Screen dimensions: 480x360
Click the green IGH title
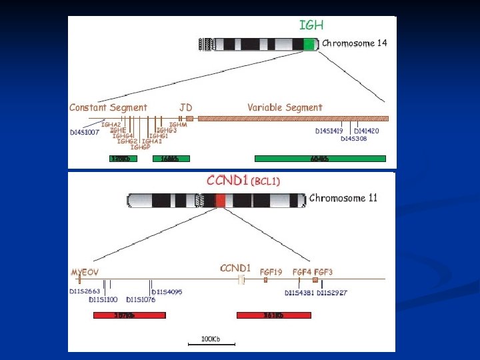click(311, 25)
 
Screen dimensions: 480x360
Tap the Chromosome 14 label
click(354, 43)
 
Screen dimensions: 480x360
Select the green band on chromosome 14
click(309, 44)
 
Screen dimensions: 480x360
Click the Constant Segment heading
click(108, 107)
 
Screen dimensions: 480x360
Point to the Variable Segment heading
click(285, 107)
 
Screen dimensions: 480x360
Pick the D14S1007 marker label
click(85, 132)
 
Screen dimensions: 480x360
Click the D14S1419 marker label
click(329, 131)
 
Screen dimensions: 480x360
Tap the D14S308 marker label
click(353, 139)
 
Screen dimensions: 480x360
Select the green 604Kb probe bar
click(320, 159)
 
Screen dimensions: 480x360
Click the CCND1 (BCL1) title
click(243, 181)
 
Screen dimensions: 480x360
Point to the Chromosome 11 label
click(343, 198)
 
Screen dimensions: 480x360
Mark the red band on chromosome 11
click(221, 200)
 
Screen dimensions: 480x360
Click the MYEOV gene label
click(85, 272)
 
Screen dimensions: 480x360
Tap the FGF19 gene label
click(271, 271)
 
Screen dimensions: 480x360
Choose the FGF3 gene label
click(323, 271)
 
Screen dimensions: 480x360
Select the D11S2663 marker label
click(85, 291)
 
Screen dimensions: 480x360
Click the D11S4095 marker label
click(167, 292)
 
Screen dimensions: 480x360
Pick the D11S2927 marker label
click(332, 293)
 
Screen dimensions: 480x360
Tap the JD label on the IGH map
click(186, 107)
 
